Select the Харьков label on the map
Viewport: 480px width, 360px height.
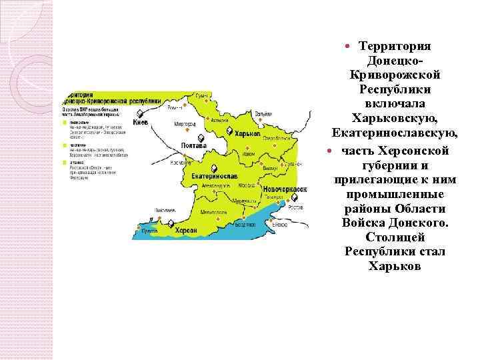pos(248,134)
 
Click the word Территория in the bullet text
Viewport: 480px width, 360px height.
pos(395,46)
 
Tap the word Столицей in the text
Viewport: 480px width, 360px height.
pos(395,237)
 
